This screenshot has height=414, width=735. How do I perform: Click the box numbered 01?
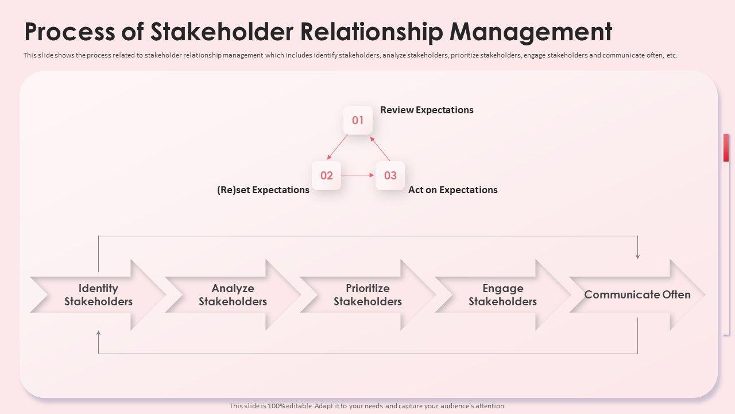point(358,120)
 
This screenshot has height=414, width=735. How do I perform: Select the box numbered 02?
point(326,175)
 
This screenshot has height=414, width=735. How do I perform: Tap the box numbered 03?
point(390,175)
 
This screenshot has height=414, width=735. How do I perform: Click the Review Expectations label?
point(427,110)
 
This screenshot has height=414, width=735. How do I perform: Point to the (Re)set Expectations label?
point(263,190)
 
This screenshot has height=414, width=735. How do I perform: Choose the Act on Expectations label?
point(452,190)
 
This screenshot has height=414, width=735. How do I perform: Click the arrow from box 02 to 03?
point(358,175)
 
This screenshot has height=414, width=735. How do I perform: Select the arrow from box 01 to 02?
point(338,147)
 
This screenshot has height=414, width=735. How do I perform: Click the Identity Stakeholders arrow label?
point(98,295)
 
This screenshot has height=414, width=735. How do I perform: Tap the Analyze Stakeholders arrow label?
point(233,295)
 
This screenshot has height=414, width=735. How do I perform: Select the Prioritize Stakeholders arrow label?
point(367,295)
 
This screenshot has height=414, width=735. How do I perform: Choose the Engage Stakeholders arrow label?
point(502,295)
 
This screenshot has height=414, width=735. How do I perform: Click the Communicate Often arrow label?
point(637,294)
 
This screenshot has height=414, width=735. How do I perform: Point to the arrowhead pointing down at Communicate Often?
point(637,256)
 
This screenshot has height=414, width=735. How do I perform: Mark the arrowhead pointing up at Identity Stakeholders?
point(99,333)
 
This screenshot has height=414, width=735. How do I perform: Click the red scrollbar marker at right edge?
point(726,148)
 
